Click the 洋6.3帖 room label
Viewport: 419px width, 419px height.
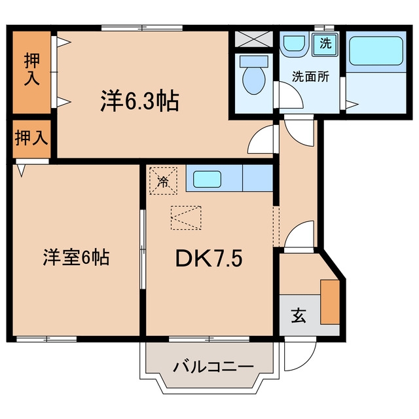click(x=139, y=101)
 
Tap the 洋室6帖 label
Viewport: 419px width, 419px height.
click(x=76, y=257)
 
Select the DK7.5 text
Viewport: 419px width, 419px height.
click(x=209, y=258)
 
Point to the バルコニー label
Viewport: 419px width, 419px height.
click(x=213, y=367)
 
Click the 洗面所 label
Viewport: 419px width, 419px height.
click(x=310, y=77)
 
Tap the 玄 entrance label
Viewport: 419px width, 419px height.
click(x=299, y=316)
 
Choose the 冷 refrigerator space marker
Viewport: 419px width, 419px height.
click(x=163, y=181)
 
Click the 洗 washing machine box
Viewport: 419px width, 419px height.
click(x=325, y=43)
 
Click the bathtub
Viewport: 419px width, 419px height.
click(x=376, y=51)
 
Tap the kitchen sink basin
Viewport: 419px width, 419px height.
click(x=207, y=179)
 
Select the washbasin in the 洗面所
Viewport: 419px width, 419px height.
click(x=295, y=44)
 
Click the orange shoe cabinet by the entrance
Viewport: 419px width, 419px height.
click(x=330, y=302)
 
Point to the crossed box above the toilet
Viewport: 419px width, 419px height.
click(x=253, y=39)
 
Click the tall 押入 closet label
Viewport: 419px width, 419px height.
click(x=32, y=69)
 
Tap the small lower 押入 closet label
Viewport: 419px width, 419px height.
click(x=31, y=138)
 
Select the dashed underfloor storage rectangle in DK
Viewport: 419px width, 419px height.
click(x=186, y=218)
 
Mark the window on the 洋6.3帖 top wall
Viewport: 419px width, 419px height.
click(x=142, y=27)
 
